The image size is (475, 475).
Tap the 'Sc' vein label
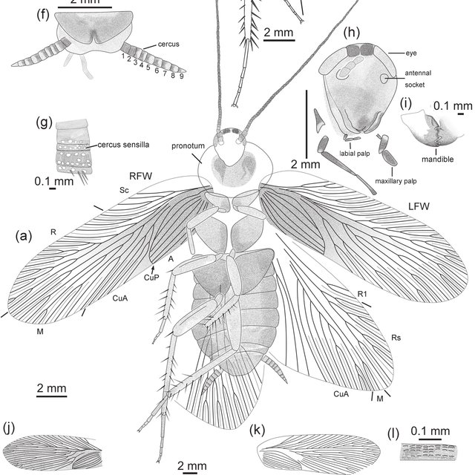[x=124, y=190]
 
